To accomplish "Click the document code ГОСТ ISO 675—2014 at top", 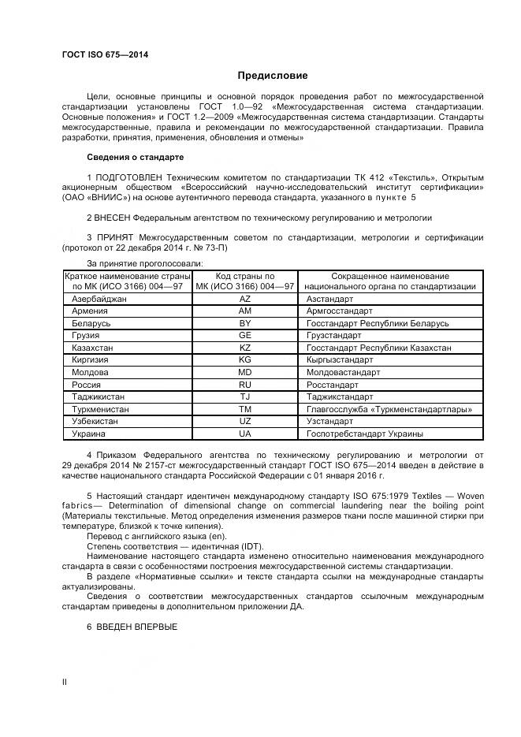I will (x=105, y=54).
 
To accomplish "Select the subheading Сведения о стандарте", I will (x=135, y=158).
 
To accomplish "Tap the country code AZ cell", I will (x=245, y=300).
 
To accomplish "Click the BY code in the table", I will (x=245, y=323).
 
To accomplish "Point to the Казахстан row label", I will (x=92, y=348).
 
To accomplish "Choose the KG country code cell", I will (x=245, y=359).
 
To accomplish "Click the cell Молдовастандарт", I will (x=344, y=372).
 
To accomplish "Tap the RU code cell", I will (x=245, y=384).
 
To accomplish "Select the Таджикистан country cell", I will (x=98, y=396).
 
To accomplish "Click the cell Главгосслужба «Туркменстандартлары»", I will (x=389, y=409).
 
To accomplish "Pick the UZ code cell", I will (x=245, y=422).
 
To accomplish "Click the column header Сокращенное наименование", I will (x=390, y=277).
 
